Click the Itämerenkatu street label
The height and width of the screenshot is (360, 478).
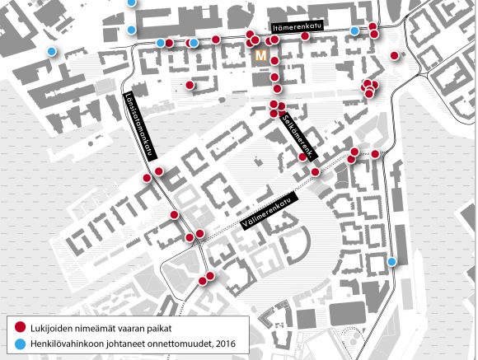pos(297,27)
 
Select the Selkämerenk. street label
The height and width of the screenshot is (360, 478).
pos(298,136)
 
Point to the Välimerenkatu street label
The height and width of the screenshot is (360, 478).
pos(269,211)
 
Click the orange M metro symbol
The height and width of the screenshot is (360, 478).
pos(260,56)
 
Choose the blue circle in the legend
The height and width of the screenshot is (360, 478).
pos(20,344)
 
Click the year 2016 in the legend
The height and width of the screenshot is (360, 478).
pos(226,344)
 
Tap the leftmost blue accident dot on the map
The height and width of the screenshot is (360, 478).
pos(52,51)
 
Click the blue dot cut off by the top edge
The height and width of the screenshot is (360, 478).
pos(131,2)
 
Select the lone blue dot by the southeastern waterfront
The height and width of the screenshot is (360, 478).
pos(391,261)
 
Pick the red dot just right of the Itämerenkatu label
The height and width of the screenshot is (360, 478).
pos(305,36)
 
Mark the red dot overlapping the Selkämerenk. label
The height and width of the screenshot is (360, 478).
pos(302,157)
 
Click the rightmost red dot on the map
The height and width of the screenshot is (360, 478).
pos(395,55)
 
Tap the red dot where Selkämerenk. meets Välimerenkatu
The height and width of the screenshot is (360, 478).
pos(315,172)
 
